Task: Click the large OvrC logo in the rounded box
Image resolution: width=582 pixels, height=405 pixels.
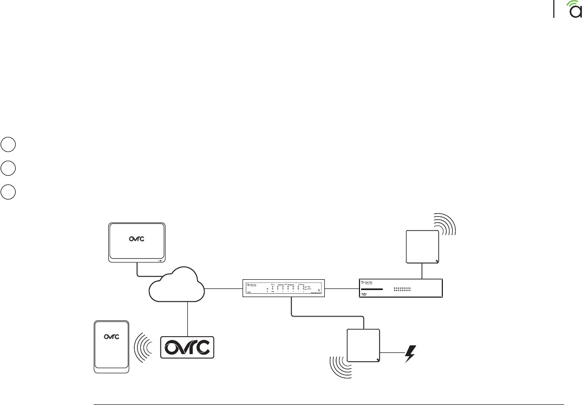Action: click(x=188, y=347)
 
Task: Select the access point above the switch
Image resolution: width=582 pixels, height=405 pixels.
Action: click(x=423, y=246)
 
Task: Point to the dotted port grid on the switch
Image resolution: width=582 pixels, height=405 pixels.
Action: click(x=402, y=290)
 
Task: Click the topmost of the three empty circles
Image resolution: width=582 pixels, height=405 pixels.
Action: click(x=7, y=145)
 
